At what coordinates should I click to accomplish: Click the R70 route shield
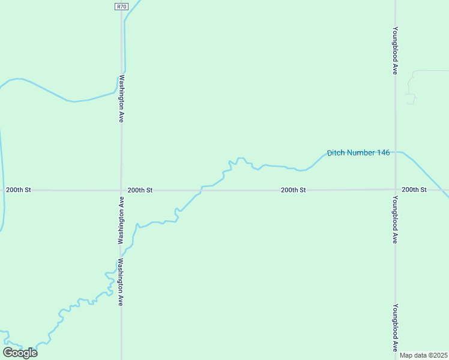(x=122, y=6)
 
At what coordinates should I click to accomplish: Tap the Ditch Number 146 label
(x=358, y=153)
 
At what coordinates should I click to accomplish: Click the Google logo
(x=20, y=352)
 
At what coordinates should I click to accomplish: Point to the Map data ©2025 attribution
(x=423, y=355)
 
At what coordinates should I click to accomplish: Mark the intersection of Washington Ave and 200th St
(x=121, y=190)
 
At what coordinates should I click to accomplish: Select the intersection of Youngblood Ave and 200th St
(x=395, y=190)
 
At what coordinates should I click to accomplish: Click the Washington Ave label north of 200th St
(x=121, y=98)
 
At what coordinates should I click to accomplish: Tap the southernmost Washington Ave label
(x=121, y=282)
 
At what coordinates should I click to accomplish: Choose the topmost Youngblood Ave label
(x=395, y=50)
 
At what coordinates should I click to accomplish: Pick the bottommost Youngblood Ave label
(x=395, y=328)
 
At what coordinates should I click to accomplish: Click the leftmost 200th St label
(x=18, y=190)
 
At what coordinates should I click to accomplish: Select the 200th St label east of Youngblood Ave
(x=414, y=190)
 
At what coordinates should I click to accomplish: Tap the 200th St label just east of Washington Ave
(x=140, y=190)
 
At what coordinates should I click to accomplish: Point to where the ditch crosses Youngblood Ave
(x=395, y=152)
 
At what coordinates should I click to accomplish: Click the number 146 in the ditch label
(x=384, y=153)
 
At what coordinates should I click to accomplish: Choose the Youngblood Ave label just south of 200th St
(x=395, y=219)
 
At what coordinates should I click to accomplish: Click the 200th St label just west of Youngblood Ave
(x=294, y=190)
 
